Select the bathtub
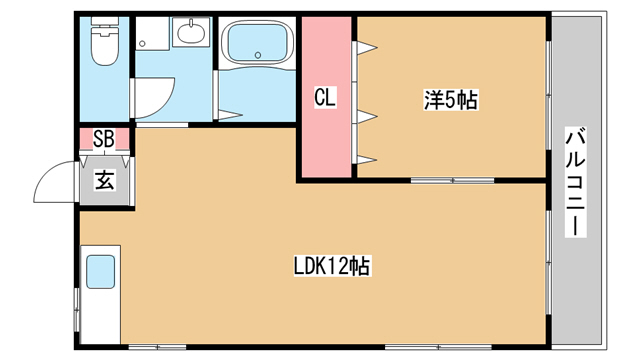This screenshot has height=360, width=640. point(257,42)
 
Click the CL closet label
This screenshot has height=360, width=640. point(325,98)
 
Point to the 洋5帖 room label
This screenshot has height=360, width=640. point(451,100)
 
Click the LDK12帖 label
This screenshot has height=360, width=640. point(332,266)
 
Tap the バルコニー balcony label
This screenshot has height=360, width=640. point(576,182)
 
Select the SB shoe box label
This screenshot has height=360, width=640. point(104,139)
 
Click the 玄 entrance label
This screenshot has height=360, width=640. point(104,180)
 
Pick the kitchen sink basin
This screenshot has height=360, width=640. point(100,272)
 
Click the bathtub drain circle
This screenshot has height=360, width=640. point(258,55)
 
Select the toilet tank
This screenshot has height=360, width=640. point(104,20)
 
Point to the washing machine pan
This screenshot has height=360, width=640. point(152,33)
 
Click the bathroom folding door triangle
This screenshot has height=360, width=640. point(229,116)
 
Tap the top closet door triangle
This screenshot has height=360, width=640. point(366,48)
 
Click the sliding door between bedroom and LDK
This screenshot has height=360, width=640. point(453,180)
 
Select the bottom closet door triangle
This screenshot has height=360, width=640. point(366,159)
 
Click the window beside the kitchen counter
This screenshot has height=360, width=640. point(76,309)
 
